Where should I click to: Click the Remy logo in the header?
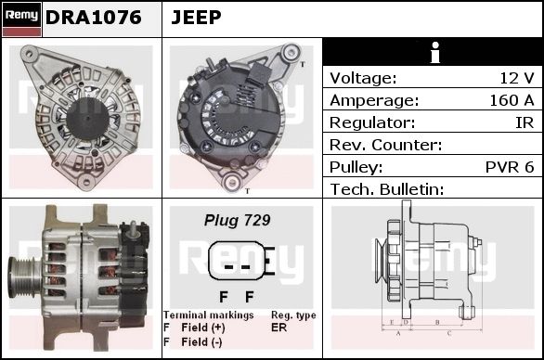tap(21, 19)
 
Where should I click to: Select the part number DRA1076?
tap(94, 18)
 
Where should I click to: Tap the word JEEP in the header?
tap(196, 18)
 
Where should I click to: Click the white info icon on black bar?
tap(435, 52)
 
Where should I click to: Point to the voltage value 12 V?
tap(517, 78)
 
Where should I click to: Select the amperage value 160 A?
tap(512, 100)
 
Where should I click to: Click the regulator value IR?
tap(525, 122)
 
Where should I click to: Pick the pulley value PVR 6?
tap(510, 167)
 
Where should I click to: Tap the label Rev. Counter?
tap(386, 145)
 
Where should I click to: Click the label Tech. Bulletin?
tap(387, 189)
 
